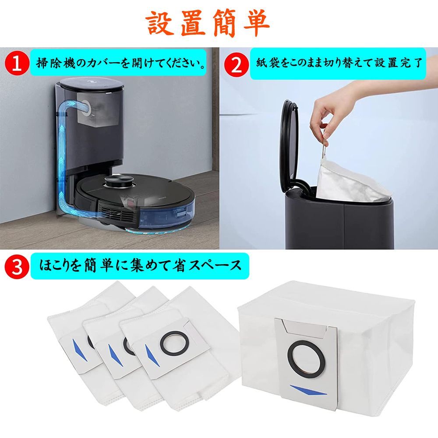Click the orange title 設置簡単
[208, 24]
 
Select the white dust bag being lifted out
[350, 180]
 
